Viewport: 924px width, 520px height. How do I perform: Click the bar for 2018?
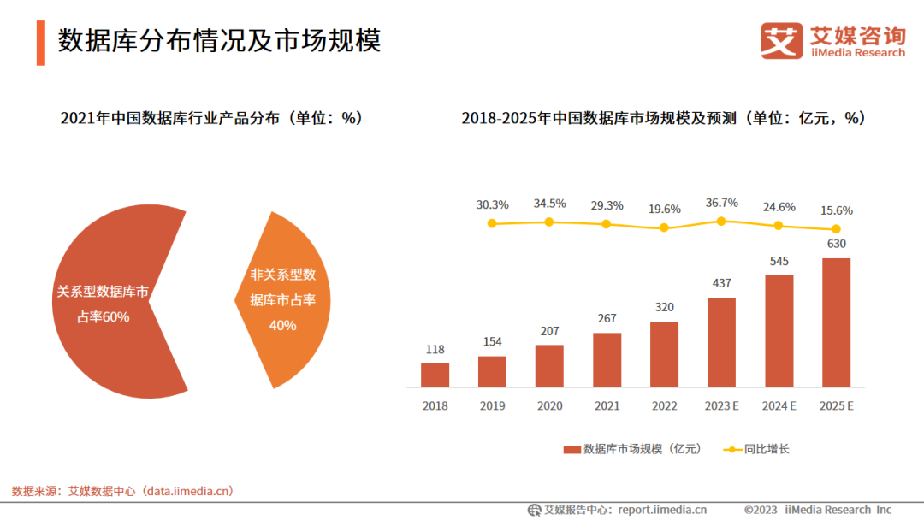pos(435,375)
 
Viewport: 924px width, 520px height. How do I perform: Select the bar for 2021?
pos(607,360)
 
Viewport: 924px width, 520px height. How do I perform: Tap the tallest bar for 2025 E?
pos(836,322)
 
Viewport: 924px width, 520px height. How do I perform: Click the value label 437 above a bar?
pos(721,283)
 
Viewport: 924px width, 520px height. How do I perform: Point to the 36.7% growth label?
pos(721,203)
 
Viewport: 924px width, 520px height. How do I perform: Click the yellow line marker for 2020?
pos(549,222)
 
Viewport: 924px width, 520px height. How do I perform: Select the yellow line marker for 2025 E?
pos(836,228)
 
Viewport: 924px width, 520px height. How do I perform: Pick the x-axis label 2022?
pos(664,406)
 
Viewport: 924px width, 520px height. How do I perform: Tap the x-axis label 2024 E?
pos(779,406)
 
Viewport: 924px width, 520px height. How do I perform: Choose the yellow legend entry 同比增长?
pos(756,449)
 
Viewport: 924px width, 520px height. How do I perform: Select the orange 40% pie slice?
pos(287,299)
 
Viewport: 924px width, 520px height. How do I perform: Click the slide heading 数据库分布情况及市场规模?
pos(219,40)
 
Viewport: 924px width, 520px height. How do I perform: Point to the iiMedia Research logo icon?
pos(782,40)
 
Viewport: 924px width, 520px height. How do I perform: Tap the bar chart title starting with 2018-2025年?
pos(663,119)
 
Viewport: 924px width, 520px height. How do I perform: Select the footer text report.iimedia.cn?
pos(662,510)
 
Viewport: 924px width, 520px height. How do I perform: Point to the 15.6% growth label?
pos(836,210)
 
